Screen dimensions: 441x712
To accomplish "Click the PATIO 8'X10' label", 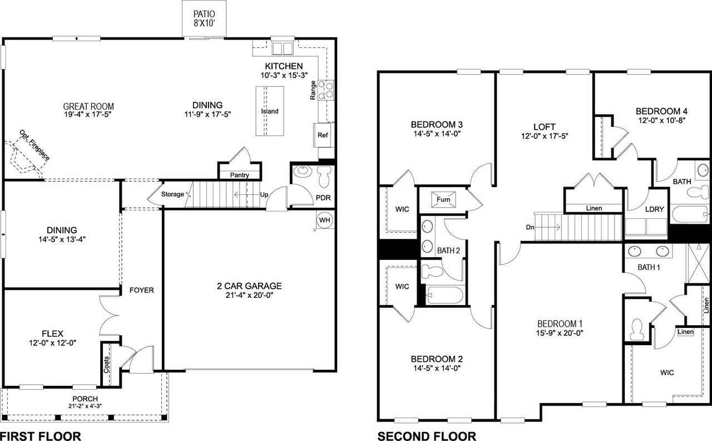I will [204, 18].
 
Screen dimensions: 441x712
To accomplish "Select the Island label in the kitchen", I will [270, 111].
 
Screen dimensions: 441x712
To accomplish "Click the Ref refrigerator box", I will [323, 135].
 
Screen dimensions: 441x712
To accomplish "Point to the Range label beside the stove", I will [313, 90].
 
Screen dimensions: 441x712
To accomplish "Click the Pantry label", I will [239, 175].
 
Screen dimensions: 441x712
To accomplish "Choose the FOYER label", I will [141, 290].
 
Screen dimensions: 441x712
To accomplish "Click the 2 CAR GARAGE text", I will [249, 286].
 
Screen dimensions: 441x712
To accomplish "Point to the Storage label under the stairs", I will [172, 194].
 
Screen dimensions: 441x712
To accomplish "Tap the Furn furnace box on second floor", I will [443, 199].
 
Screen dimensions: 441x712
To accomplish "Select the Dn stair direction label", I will [531, 227].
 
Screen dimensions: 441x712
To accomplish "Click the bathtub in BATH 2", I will [444, 295].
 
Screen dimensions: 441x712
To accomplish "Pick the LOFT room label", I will [544, 127].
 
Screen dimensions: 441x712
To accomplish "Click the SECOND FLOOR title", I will [427, 436].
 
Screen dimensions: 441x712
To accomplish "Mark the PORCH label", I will [85, 399].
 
